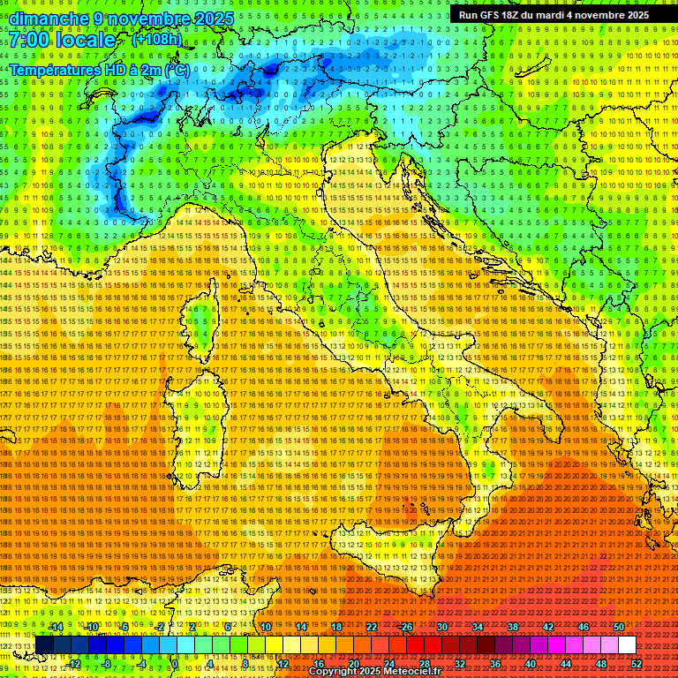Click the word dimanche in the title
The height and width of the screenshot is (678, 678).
(49, 19)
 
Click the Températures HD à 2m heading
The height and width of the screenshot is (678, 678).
(99, 69)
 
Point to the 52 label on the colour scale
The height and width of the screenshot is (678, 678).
(637, 664)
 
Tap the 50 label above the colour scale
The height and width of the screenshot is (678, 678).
(619, 627)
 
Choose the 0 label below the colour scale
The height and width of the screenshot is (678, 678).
(175, 664)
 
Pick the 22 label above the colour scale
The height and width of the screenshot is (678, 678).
(372, 627)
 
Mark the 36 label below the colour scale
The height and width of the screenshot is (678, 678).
(495, 664)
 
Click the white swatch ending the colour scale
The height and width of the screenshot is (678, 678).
(628, 645)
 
